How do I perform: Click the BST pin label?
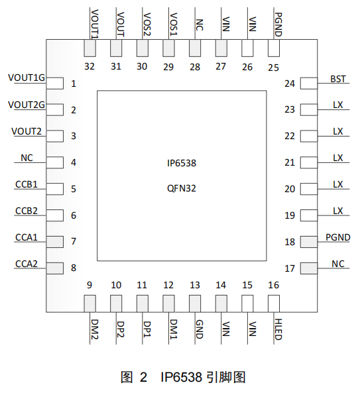[337, 79]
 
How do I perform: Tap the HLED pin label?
[278, 329]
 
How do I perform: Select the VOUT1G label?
[27, 78]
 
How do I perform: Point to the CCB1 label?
[27, 184]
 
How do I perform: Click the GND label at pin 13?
[199, 329]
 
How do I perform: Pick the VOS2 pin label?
[147, 25]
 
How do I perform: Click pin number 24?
[290, 84]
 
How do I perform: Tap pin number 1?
[74, 84]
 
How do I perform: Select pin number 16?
[273, 285]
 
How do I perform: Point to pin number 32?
[90, 66]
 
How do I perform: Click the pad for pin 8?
[54, 268]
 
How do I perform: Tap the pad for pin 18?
[309, 242]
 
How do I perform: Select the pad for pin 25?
[274, 48]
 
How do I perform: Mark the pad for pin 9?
[90, 304]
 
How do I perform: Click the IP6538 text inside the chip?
[182, 163]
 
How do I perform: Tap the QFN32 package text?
[182, 188]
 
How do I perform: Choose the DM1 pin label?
[173, 329]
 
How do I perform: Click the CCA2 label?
[27, 264]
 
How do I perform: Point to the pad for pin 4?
[54, 162]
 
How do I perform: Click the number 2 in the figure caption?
[143, 378]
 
